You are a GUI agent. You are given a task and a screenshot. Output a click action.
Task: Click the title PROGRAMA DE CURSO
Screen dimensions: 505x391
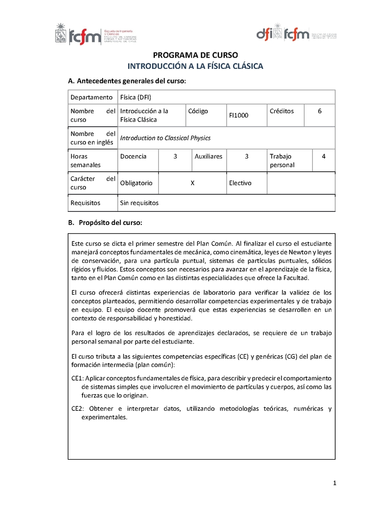195,55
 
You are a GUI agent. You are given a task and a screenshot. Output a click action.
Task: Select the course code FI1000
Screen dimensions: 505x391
239,115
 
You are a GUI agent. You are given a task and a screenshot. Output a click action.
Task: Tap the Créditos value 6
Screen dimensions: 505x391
320,111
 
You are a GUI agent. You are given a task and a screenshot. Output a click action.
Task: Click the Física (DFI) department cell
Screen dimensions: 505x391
136,97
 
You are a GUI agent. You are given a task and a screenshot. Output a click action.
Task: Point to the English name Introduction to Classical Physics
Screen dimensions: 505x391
165,138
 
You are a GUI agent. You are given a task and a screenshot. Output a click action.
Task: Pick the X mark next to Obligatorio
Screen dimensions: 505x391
192,183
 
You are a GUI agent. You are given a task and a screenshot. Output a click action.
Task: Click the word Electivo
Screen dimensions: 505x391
240,183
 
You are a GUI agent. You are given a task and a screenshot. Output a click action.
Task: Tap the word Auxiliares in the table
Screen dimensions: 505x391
208,156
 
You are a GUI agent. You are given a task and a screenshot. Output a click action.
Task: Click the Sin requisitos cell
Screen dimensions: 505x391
139,202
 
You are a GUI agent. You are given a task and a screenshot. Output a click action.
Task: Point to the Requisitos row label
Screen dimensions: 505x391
86,202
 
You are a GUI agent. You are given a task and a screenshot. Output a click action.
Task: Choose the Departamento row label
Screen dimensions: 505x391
91,97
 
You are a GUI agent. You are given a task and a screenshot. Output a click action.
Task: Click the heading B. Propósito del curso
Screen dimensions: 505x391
105,222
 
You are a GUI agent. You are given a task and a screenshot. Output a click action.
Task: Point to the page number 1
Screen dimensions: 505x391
335,483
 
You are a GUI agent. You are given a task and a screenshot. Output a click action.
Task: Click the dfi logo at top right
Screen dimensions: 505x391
269,33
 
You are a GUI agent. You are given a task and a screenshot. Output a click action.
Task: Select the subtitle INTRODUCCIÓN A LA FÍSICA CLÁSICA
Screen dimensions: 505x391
195,66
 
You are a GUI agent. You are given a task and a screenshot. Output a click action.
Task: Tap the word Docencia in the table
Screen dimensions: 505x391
133,156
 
